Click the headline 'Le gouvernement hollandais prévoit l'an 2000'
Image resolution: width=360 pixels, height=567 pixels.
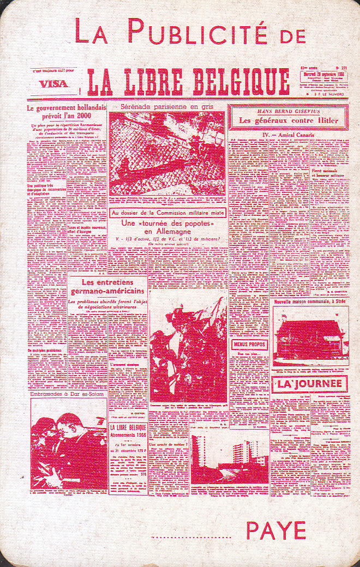pyautogui.click(x=65, y=112)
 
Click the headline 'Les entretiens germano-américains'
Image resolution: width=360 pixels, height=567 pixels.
pyautogui.click(x=106, y=287)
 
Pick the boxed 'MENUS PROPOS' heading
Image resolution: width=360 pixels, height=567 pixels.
pyautogui.click(x=250, y=345)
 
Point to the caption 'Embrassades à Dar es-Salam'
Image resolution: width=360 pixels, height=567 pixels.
pyautogui.click(x=67, y=393)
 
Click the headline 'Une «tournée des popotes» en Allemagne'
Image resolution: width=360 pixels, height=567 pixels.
pyautogui.click(x=166, y=228)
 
